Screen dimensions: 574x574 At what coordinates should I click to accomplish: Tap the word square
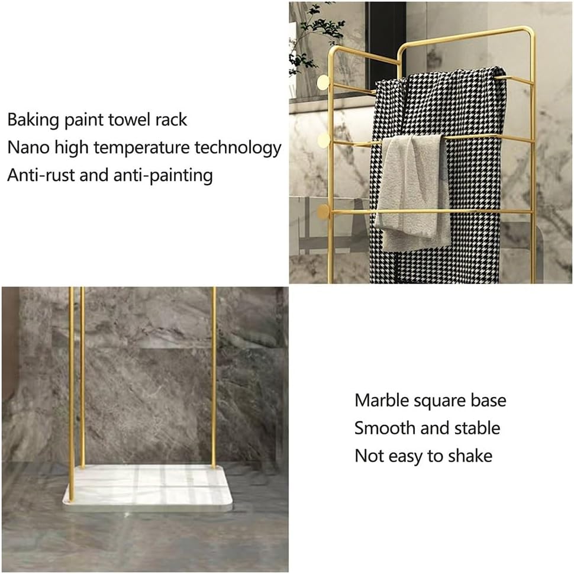tap(447, 402)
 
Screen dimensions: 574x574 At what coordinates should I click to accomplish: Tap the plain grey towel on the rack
tap(413, 189)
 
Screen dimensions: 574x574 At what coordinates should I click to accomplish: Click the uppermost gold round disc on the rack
tap(323, 82)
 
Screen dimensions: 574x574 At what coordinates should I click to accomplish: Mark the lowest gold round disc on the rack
tap(323, 212)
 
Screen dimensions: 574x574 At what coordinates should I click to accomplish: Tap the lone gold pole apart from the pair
tap(214, 379)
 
